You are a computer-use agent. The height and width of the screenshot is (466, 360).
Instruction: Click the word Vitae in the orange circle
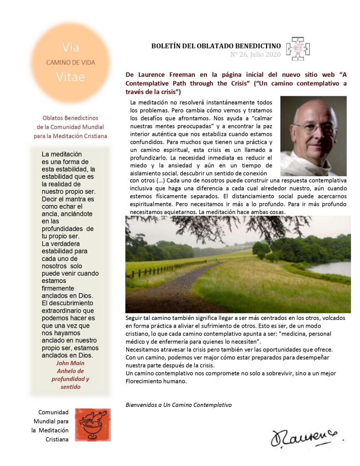pos(70,77)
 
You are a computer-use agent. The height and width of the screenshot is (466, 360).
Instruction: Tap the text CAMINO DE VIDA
pos(70,62)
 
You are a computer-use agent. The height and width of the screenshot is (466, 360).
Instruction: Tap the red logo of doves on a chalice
pos(92,424)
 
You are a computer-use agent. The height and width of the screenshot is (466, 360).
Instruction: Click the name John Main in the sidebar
pos(70,363)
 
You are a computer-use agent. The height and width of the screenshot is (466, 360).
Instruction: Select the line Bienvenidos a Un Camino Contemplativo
pos(179,405)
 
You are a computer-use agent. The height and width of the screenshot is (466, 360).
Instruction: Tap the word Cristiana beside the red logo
pos(57,440)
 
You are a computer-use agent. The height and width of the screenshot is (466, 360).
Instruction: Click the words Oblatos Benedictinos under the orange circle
pos(70,118)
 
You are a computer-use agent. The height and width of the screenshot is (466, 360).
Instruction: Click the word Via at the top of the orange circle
pos(70,47)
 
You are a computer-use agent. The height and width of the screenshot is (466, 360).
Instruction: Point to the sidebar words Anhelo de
pos(70,370)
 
